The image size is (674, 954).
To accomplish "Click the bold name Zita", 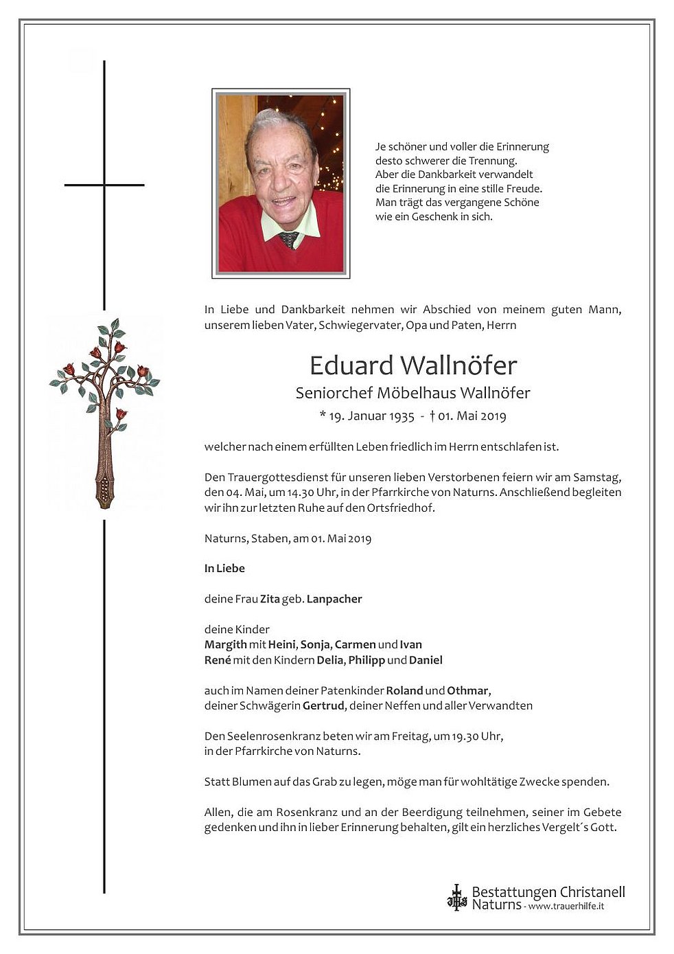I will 270,599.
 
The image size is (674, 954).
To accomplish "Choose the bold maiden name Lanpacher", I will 334,599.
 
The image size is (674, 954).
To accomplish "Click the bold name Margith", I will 225,644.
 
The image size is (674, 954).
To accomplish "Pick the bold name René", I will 217,660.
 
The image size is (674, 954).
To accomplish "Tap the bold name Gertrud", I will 323,705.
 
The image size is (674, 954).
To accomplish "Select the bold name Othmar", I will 468,690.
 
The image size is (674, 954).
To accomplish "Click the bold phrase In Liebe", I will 224,569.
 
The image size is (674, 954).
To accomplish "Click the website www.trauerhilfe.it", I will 566,907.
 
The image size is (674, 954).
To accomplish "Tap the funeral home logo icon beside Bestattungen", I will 456,897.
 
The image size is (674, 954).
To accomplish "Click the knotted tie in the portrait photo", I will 289,239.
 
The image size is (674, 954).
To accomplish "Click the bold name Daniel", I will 426,660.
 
